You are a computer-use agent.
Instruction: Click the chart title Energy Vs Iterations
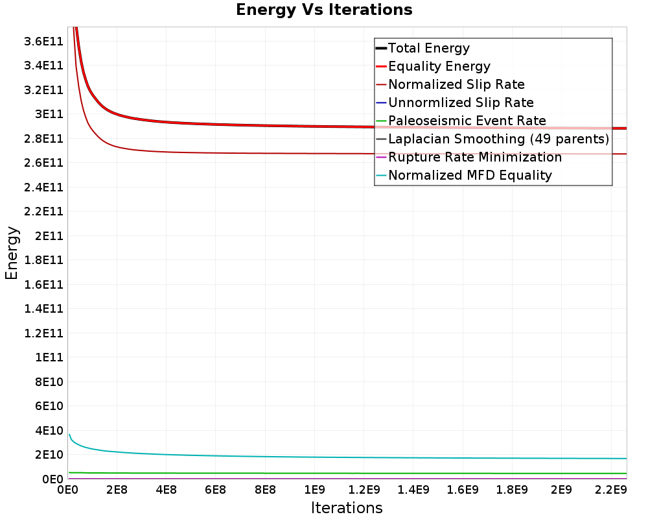[x=324, y=10]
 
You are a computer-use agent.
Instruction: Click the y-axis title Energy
[x=12, y=253]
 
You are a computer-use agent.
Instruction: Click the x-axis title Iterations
[x=347, y=508]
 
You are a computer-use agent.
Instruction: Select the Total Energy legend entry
[x=428, y=48]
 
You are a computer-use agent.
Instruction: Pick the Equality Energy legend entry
[x=439, y=66]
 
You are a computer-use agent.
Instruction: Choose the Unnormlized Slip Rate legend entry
[x=461, y=103]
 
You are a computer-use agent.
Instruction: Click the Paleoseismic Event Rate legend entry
[x=467, y=121]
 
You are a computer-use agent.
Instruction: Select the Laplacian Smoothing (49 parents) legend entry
[x=498, y=139]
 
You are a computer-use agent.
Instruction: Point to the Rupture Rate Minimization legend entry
[x=475, y=157]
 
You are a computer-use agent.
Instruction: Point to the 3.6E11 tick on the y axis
[x=43, y=41]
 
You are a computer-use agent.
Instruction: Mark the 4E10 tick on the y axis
[x=49, y=431]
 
